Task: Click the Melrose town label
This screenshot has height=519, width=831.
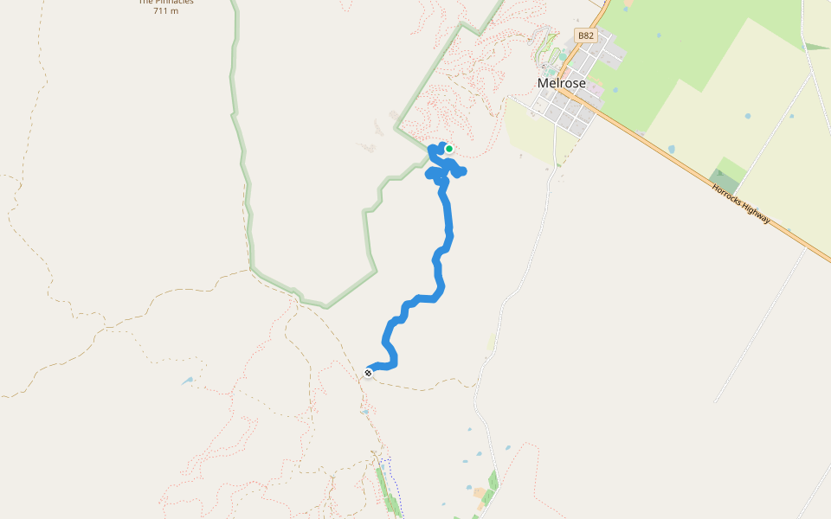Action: click(561, 84)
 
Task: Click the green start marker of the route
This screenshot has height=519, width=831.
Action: click(449, 149)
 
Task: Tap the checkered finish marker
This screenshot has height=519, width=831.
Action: click(369, 373)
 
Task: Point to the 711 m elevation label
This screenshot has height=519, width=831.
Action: click(165, 11)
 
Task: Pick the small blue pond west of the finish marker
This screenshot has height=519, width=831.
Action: click(188, 380)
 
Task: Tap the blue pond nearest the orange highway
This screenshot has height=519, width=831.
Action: click(671, 149)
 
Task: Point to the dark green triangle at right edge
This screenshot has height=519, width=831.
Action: click(815, 46)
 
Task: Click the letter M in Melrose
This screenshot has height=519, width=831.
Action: click(543, 84)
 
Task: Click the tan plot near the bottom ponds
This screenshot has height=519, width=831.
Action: click(479, 492)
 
